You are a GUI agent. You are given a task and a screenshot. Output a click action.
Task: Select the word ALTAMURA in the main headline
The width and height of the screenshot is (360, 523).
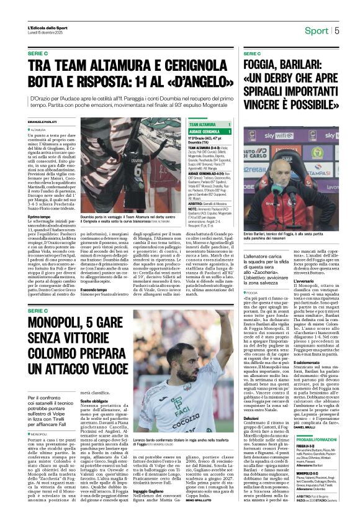point(108,65)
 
